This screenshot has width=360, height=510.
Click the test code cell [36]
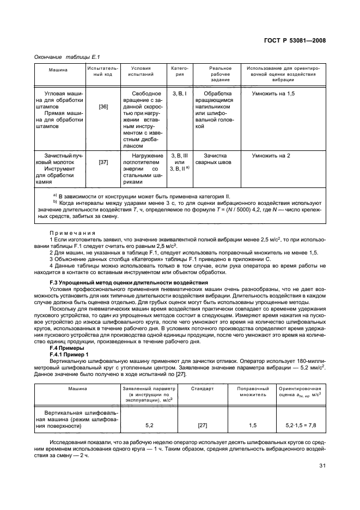coord(103,107)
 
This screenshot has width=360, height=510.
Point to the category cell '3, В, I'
coord(179,94)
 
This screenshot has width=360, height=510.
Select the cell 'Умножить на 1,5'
coord(273,94)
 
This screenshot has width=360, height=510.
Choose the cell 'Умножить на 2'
coord(271,155)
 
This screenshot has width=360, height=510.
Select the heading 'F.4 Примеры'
coord(67,347)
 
